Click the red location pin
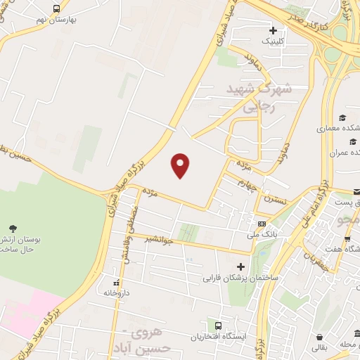181,165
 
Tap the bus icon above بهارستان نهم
56,9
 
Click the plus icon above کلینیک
274,31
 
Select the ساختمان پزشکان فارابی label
241,278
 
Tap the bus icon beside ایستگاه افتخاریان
219,326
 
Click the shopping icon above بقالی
320,337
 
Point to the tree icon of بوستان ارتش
13,228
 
